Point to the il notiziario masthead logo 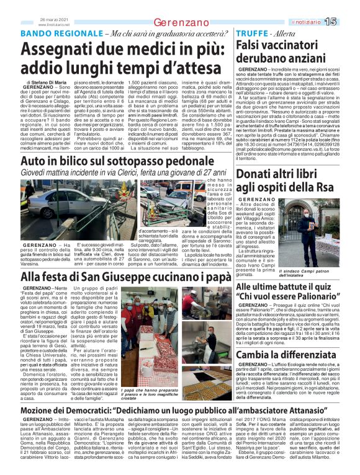point(323,22)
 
